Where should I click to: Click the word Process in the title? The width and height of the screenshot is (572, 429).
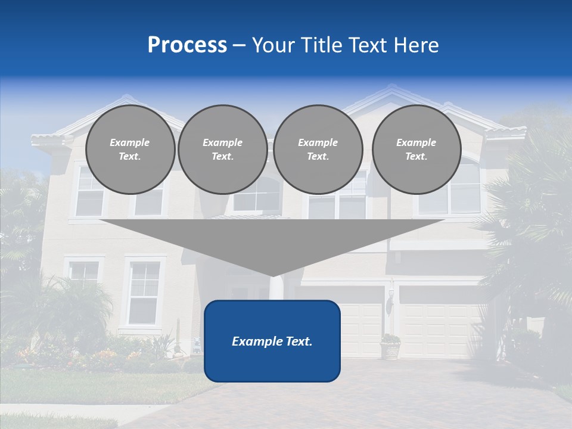(187, 45)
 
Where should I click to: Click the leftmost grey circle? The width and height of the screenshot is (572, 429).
(130, 150)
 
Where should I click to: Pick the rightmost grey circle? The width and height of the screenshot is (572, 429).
(416, 150)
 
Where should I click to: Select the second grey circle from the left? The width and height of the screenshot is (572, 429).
(222, 150)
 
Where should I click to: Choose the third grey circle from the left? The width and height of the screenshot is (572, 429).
(318, 150)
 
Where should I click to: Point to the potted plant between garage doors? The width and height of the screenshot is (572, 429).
(390, 346)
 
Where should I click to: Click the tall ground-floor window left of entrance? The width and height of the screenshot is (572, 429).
(144, 292)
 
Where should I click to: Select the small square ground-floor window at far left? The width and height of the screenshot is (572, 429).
(83, 272)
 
